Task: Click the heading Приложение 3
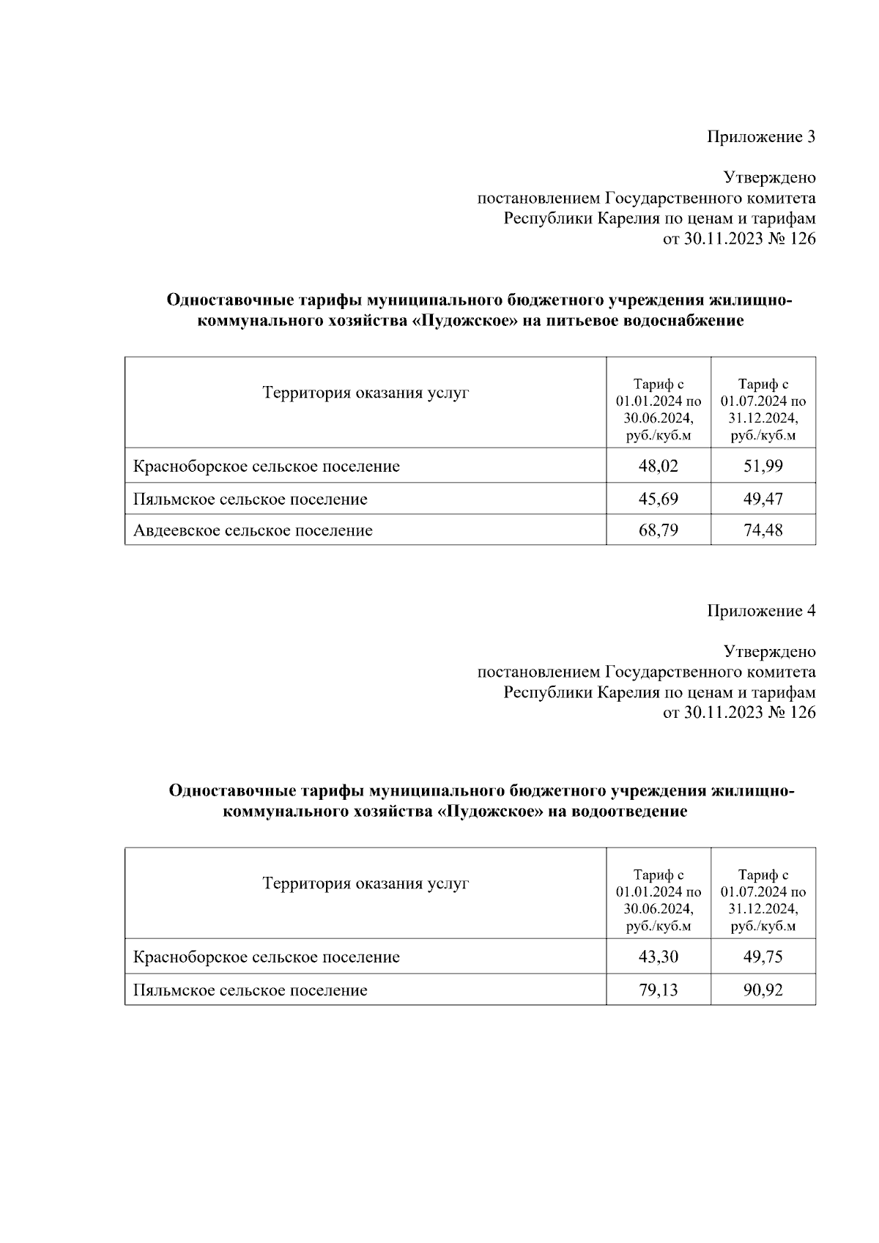point(760,137)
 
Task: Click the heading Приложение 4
point(760,611)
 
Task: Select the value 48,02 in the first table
point(658,466)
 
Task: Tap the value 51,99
point(763,466)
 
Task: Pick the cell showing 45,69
point(658,499)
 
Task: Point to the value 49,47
point(763,499)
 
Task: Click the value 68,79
point(658,530)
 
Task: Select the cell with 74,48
point(763,530)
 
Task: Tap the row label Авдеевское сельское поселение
point(253,530)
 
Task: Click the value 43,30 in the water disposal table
point(658,957)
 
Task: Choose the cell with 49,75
point(763,957)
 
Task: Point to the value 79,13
point(658,990)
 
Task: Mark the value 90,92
point(763,990)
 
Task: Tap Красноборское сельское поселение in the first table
point(267,467)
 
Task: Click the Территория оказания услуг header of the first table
point(366,393)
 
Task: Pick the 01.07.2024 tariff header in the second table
point(763,900)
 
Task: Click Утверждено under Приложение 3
point(769,178)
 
